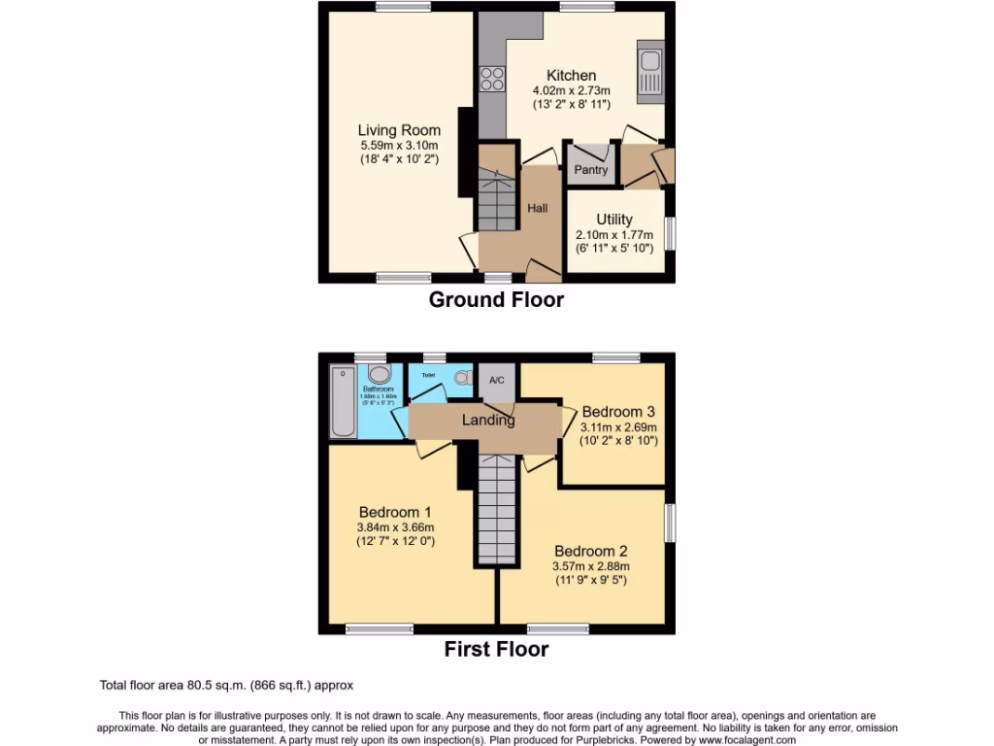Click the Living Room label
[399, 130]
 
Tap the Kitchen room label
[571, 76]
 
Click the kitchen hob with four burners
[492, 78]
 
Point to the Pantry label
[590, 170]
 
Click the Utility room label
[614, 220]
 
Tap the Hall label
[537, 208]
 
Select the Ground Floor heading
[496, 299]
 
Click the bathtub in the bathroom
[343, 401]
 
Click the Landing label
[487, 421]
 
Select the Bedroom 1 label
[395, 512]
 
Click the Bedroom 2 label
[590, 552]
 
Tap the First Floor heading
[496, 649]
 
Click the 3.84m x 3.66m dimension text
[395, 527]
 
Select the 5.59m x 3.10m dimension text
[399, 146]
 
